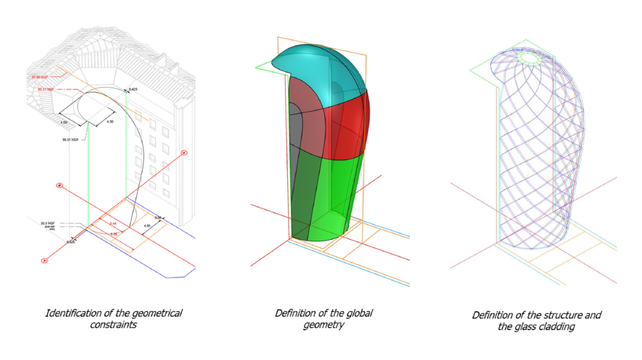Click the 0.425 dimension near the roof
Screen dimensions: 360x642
pos(133,89)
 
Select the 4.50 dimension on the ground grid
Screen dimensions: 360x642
pos(146,226)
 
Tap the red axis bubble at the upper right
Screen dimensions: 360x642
pos(184,153)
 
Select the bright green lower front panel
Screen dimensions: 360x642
pos(341,192)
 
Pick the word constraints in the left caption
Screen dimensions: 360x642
pos(114,325)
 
